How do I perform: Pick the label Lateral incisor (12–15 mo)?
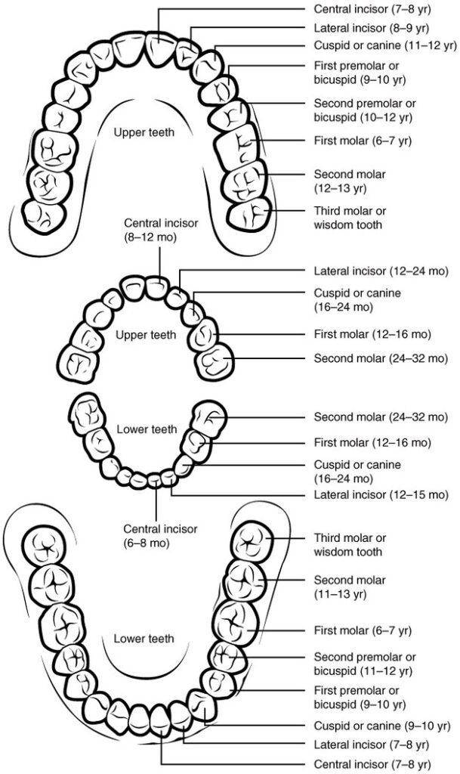point(381,495)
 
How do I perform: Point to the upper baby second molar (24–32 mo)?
point(216,361)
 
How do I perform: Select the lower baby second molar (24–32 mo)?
point(208,417)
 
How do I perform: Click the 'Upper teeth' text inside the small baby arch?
point(146,334)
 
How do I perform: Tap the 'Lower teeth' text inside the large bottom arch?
point(144,639)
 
